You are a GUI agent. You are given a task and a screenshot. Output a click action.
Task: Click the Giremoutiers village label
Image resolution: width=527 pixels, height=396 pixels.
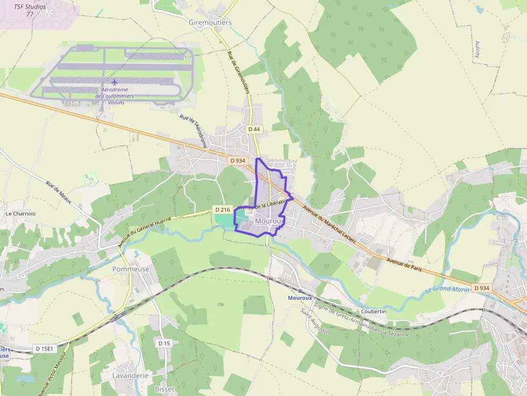point(210,23)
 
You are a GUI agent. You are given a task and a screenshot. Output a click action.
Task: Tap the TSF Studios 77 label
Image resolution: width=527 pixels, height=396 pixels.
point(30,10)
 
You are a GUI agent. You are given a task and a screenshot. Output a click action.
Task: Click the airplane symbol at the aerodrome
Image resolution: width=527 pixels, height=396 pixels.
point(114,82)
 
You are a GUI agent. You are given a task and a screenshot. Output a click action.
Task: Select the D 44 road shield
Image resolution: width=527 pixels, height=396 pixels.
point(254,129)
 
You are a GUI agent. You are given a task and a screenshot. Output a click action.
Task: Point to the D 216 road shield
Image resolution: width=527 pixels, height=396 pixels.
point(222,209)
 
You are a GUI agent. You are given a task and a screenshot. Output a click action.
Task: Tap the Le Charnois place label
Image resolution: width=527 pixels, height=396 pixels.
point(20,213)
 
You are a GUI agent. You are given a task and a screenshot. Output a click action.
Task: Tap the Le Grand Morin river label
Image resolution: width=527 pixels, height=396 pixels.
point(447,290)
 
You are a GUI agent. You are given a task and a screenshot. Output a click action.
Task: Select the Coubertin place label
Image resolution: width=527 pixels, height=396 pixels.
point(374,311)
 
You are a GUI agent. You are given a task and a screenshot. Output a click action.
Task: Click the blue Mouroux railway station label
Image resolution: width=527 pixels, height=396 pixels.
point(300,298)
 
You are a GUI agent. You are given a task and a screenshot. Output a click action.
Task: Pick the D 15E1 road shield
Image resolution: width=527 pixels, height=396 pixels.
point(45,349)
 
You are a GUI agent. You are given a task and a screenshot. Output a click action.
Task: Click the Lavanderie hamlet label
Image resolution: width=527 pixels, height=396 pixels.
point(130,376)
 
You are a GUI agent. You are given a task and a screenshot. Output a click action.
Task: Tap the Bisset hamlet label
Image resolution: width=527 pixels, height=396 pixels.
point(165,388)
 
